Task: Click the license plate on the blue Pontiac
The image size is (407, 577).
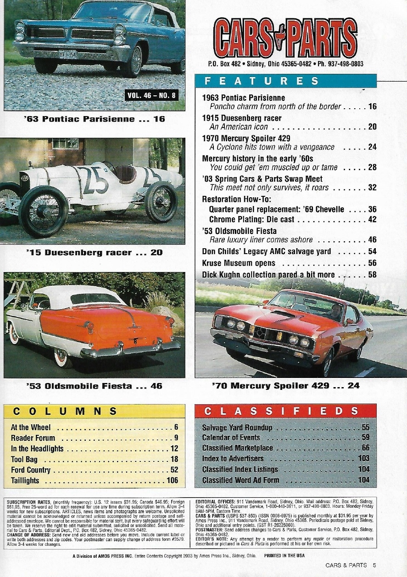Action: pos(68,54)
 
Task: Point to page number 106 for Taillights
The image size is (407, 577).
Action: pos(172,481)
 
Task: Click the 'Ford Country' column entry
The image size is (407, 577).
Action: pos(31,470)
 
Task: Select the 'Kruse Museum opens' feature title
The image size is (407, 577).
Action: pos(239,263)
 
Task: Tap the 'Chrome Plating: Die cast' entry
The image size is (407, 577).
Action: pos(251,219)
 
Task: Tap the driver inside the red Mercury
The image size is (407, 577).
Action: pos(336,312)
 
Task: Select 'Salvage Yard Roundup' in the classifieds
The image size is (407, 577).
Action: pos(237,428)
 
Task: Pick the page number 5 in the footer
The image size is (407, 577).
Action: pos(374,566)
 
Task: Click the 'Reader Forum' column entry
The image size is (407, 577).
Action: pos(33,438)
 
